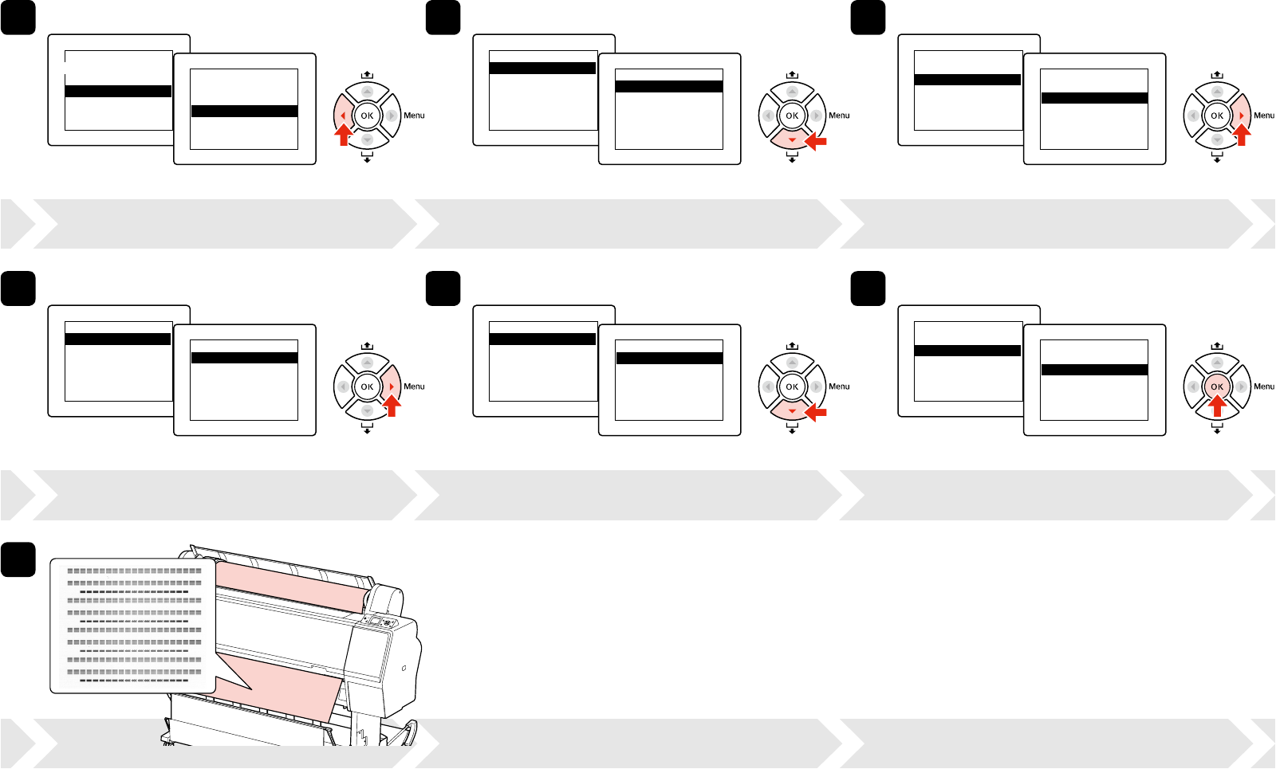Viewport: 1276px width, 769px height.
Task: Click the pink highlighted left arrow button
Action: coord(343,116)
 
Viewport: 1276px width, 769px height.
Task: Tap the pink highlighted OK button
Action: coord(1216,386)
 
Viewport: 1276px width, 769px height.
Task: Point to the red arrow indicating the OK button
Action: coord(1216,407)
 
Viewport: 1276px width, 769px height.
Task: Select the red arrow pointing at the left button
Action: coord(343,136)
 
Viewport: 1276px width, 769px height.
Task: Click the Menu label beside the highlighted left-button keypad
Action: coord(414,116)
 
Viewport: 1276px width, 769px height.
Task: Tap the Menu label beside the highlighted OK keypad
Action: coord(1264,386)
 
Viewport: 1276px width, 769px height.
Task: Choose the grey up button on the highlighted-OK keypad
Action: coord(1216,363)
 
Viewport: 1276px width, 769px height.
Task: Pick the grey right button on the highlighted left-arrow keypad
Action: coord(391,116)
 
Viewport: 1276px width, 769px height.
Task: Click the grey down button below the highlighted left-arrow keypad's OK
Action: coord(367,139)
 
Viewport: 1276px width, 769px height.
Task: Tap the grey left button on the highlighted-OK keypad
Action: coord(1192,386)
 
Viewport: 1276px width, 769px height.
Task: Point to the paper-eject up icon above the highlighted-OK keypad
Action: coord(1216,346)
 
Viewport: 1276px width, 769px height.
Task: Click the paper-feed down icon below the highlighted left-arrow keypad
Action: coord(367,158)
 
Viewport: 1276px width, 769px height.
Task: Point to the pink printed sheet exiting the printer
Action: coord(287,685)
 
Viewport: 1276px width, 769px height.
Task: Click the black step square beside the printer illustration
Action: coord(18,559)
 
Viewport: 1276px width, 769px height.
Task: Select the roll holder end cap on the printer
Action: coord(387,599)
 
